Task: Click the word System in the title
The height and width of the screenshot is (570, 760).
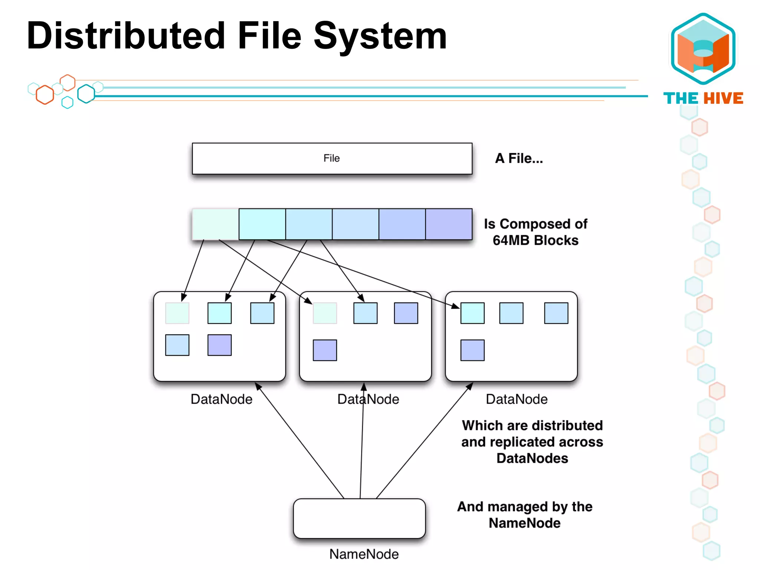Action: [380, 36]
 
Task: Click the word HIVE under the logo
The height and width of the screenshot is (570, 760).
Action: [723, 98]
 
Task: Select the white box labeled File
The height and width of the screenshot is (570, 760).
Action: [332, 158]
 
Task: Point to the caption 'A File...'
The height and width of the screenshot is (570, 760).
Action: [519, 158]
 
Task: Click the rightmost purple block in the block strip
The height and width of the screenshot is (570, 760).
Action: [449, 224]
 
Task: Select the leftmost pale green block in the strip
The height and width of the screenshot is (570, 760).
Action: [216, 224]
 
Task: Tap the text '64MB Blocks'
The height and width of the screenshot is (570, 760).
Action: [535, 240]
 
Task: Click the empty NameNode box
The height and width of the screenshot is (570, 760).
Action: [359, 518]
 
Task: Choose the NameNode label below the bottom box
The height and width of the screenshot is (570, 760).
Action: [364, 554]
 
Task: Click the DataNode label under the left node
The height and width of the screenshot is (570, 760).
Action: [221, 399]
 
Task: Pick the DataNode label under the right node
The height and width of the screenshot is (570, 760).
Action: [517, 399]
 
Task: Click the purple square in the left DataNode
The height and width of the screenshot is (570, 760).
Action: [219, 345]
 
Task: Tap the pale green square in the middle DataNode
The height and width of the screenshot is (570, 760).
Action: [325, 313]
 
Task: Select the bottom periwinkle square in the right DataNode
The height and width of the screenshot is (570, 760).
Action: [472, 350]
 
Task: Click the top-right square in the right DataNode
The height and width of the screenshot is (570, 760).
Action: [556, 313]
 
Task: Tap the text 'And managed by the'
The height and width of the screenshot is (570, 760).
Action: [524, 507]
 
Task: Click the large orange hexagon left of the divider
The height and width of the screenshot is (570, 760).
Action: [45, 95]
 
